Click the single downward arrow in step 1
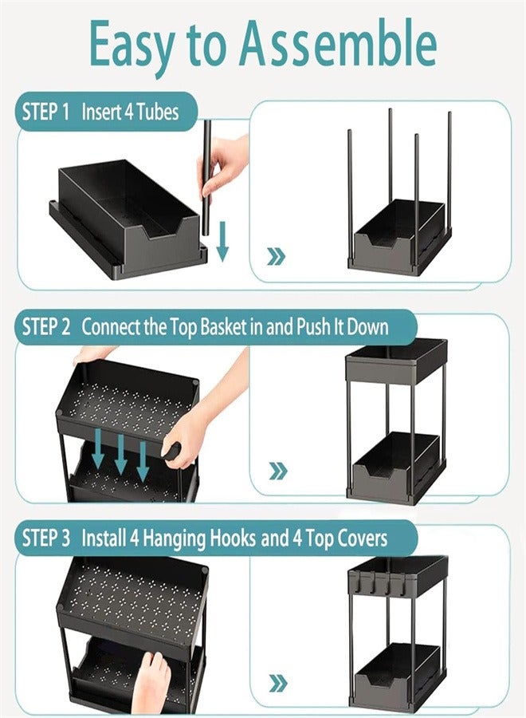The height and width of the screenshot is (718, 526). [x=222, y=243]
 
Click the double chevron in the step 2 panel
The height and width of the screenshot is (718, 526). [x=277, y=471]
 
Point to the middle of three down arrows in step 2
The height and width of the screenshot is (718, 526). [x=120, y=453]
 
